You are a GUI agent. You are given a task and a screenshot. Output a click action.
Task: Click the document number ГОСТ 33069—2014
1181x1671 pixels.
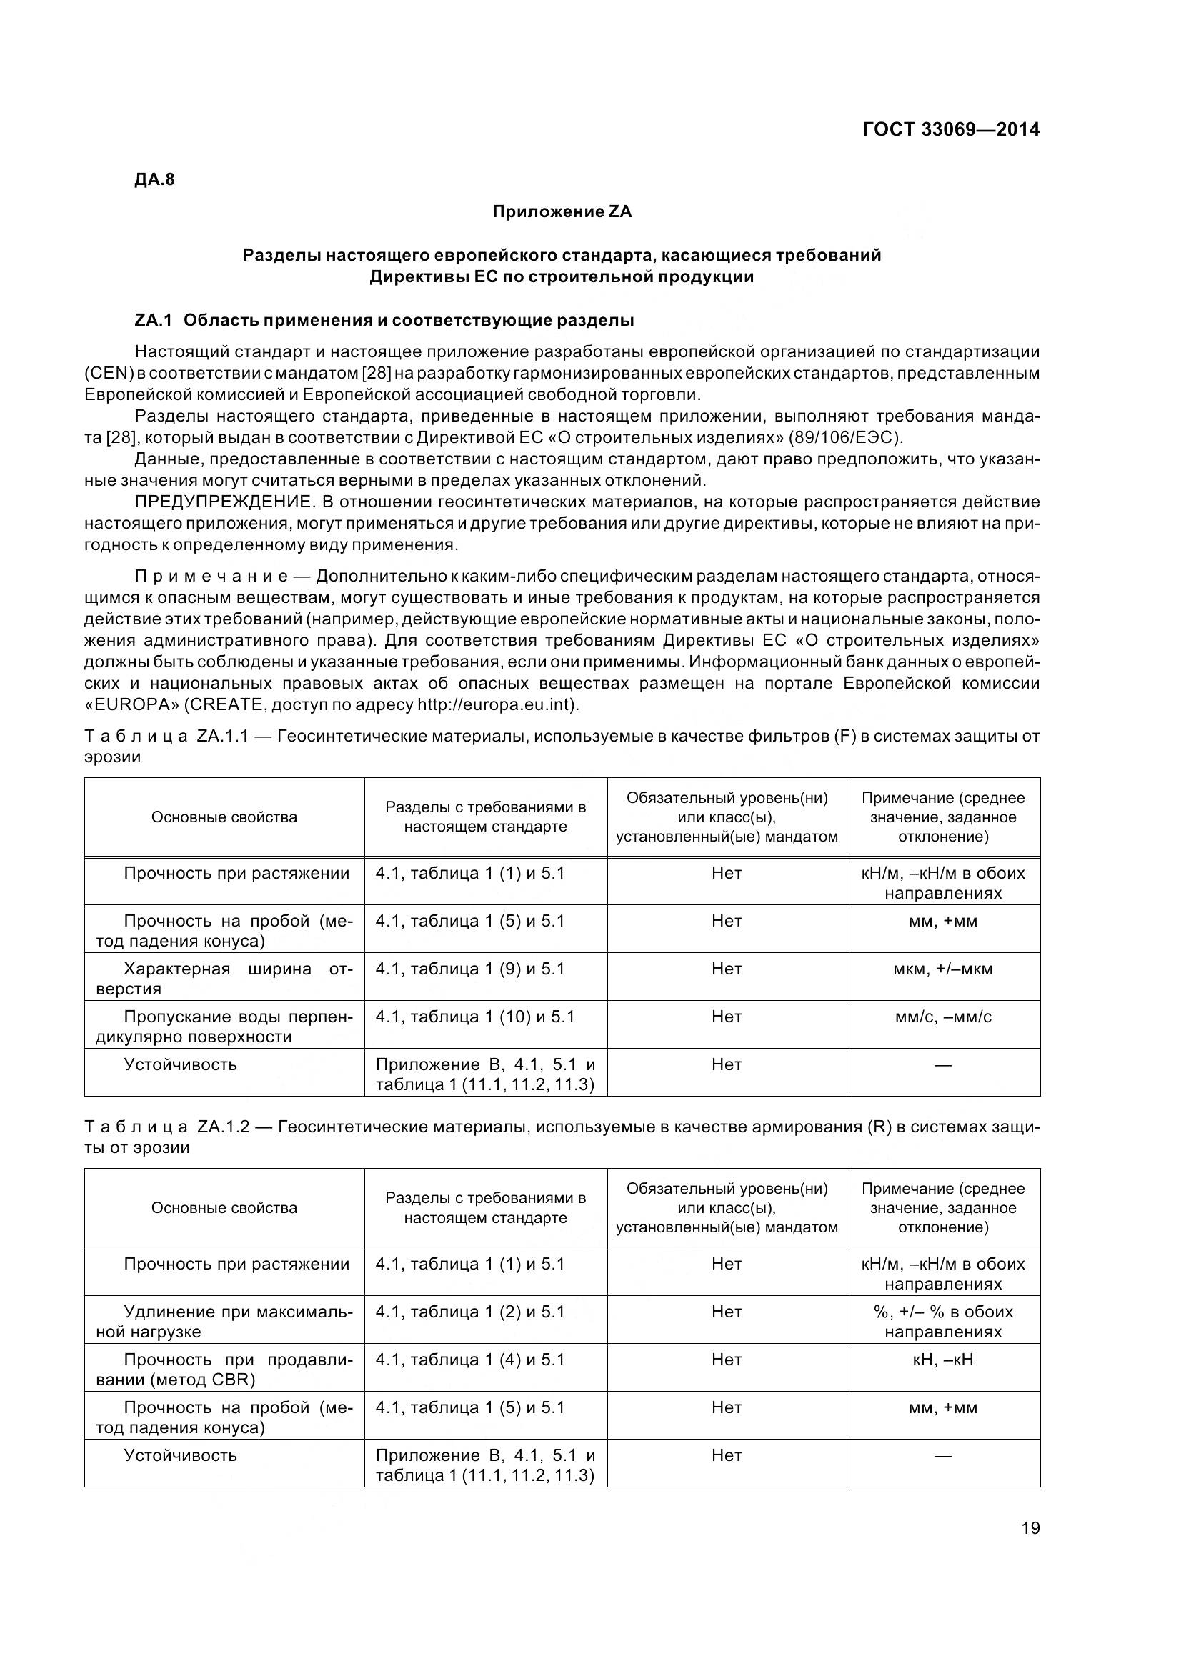click(950, 129)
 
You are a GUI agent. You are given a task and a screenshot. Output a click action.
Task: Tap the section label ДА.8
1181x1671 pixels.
click(154, 180)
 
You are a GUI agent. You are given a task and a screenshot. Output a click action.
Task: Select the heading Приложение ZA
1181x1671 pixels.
click(562, 211)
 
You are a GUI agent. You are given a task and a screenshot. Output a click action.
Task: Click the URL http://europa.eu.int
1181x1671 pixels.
click(496, 705)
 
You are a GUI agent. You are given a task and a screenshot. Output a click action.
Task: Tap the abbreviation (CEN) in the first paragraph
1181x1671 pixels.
click(108, 374)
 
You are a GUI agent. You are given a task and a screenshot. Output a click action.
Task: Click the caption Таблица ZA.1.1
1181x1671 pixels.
click(166, 737)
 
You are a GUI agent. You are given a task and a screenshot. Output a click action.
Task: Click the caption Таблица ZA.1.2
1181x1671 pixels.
click(166, 1127)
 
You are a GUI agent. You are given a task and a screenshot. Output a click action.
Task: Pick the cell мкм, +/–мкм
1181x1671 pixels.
click(942, 969)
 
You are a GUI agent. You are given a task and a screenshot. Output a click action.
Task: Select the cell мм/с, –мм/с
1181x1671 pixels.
click(942, 1017)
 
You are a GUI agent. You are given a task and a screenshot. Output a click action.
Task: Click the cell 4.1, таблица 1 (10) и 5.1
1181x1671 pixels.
click(474, 1017)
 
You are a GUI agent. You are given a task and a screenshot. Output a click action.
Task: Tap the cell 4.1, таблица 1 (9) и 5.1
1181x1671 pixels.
click(469, 969)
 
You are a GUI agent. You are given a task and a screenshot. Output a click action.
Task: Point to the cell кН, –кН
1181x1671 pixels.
click(942, 1360)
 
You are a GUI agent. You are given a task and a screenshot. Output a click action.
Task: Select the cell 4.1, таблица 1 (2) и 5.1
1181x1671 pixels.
click(469, 1312)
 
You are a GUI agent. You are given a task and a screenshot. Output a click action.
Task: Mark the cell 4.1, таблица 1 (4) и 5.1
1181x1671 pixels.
click(469, 1360)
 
